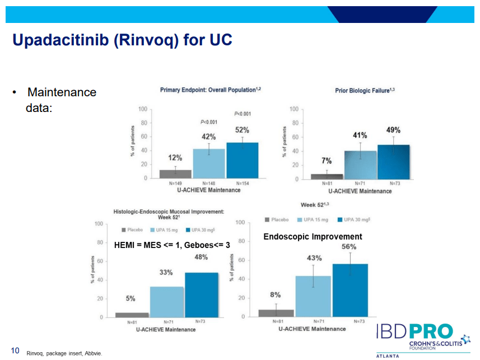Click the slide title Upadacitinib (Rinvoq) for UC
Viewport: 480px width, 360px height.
(122, 41)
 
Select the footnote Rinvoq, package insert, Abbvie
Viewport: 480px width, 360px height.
(64, 353)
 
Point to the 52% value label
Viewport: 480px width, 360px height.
(242, 130)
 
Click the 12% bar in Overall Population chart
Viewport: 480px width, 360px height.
(175, 174)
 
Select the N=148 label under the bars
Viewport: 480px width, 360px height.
(209, 183)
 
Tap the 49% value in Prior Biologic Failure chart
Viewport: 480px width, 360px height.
(393, 130)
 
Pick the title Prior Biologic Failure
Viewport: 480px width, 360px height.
(365, 90)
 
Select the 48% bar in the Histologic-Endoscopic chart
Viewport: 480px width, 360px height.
(202, 294)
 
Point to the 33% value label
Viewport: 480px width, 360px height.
(166, 272)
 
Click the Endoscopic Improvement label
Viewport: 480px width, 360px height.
(313, 237)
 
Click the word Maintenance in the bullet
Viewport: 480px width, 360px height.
(62, 92)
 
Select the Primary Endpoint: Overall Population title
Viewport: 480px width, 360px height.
(211, 90)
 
